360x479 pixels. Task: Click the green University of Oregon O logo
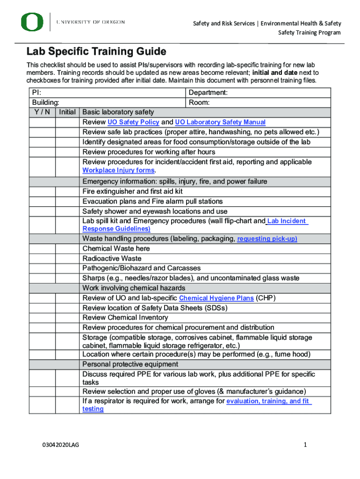(x=32, y=22)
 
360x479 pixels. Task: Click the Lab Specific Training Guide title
(x=96, y=51)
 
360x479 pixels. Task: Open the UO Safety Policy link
(x=133, y=122)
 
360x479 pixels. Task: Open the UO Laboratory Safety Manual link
(x=220, y=122)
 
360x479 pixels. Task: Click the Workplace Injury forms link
(x=118, y=170)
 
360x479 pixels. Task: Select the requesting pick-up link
(x=267, y=239)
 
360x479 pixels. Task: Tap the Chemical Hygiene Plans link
(x=216, y=298)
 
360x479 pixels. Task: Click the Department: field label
(x=208, y=93)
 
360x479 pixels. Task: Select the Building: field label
(x=45, y=102)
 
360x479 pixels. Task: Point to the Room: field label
(x=199, y=102)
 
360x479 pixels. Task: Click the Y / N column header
(x=42, y=112)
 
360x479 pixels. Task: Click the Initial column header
(x=67, y=112)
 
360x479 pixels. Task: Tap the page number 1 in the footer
(x=305, y=445)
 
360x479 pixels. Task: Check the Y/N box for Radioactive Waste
(x=42, y=258)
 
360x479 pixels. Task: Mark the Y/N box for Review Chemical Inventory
(x=42, y=318)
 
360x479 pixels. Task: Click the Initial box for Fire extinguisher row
(x=67, y=191)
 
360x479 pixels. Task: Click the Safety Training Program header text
(x=310, y=32)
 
